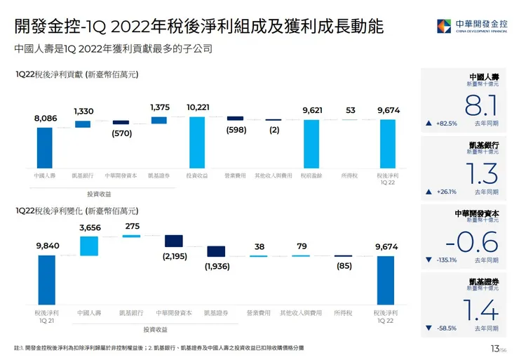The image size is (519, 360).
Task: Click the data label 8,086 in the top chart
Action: click(x=45, y=119)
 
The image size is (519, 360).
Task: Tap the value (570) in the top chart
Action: click(x=121, y=133)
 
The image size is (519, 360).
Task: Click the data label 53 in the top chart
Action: click(x=351, y=110)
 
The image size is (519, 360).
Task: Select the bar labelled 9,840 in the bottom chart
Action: click(x=46, y=279)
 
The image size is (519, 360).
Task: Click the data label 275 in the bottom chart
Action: click(x=131, y=226)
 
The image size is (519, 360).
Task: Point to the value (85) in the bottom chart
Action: click(x=344, y=266)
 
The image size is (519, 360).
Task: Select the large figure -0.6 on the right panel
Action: click(x=471, y=242)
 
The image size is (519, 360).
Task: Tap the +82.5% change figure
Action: click(x=446, y=124)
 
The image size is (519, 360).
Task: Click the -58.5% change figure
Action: click(x=446, y=328)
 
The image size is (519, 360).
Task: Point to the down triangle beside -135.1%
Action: click(x=429, y=260)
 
